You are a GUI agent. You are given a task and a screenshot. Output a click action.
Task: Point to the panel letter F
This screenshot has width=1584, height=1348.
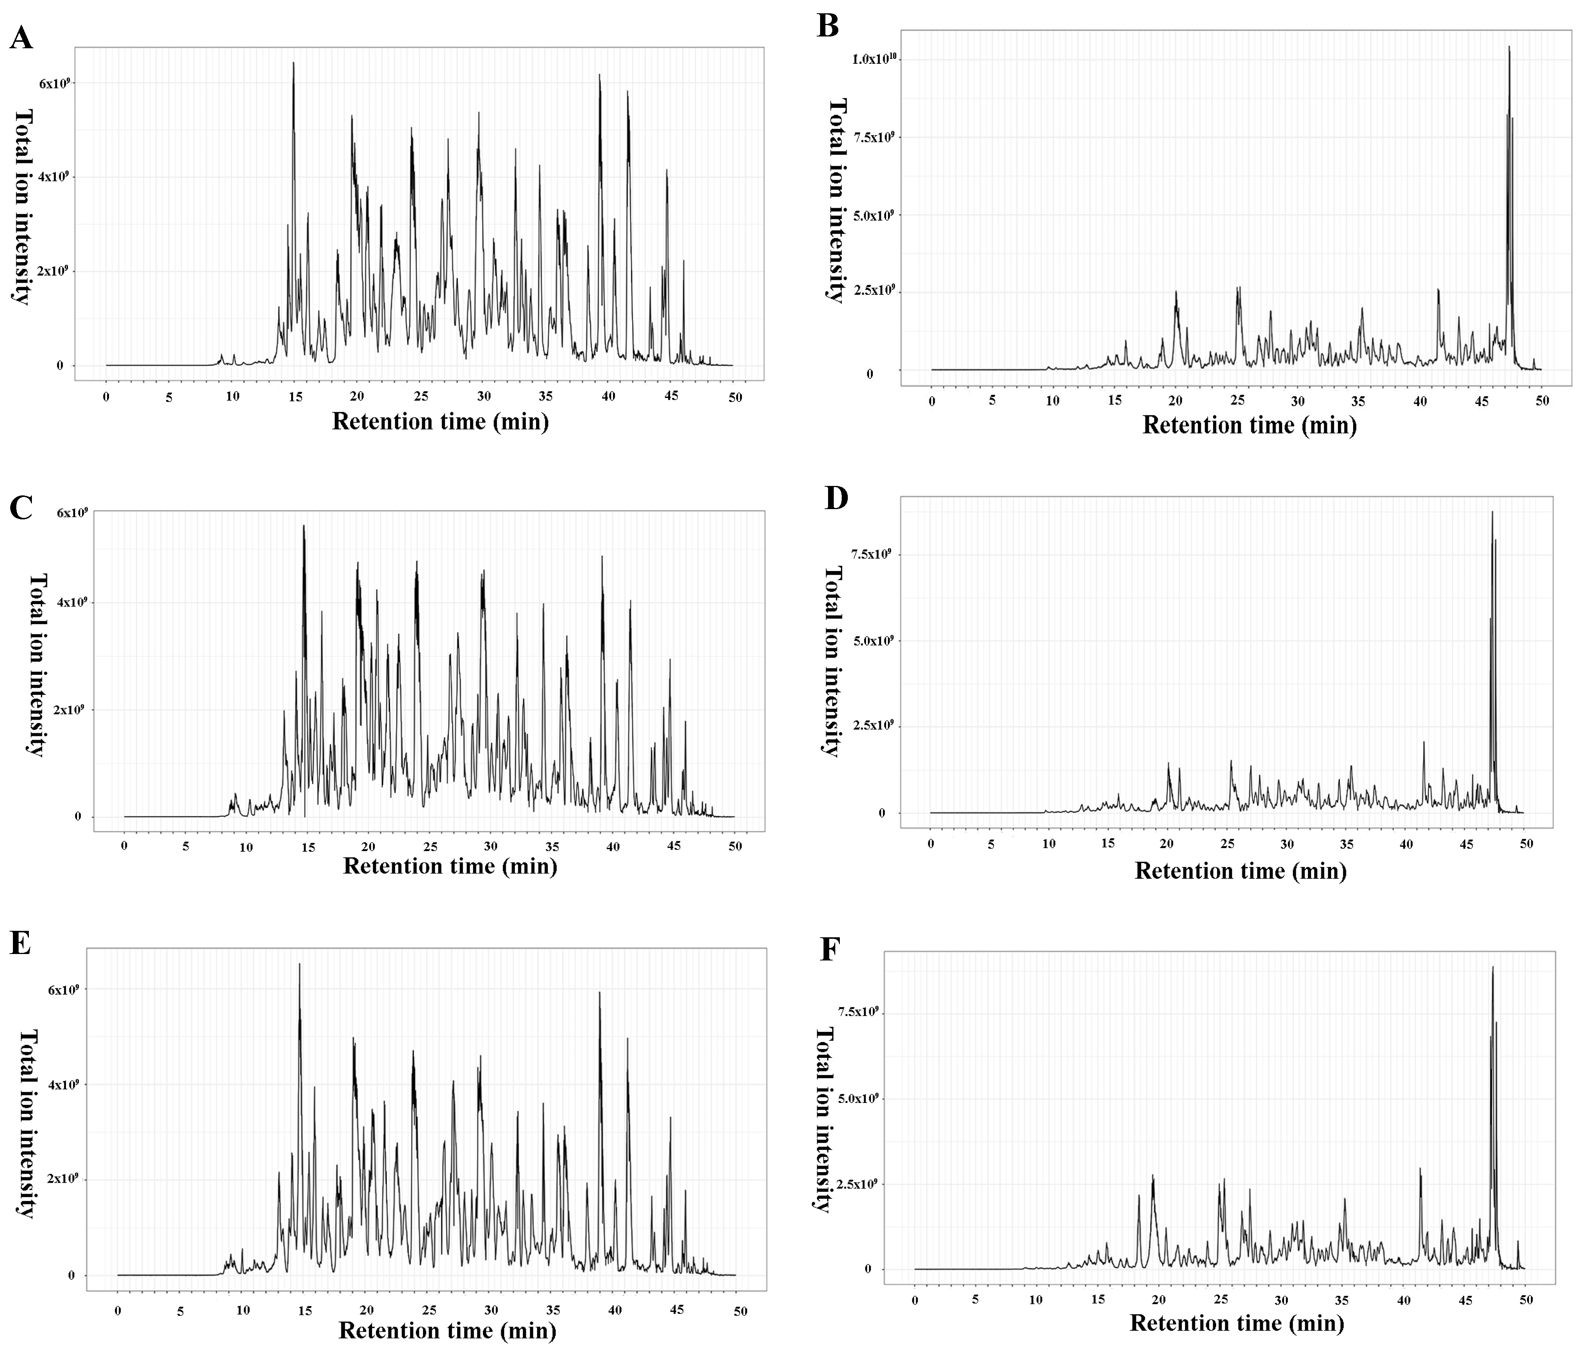830,950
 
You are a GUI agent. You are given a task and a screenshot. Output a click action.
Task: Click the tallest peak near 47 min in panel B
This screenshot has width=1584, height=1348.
1509,47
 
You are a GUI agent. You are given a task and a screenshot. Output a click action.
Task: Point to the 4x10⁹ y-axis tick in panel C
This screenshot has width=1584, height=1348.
73,602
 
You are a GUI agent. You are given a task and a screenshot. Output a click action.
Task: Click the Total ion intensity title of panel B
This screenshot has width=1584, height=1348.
838,200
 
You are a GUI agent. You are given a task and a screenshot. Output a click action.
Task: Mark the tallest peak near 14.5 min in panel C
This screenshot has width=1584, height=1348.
304,526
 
